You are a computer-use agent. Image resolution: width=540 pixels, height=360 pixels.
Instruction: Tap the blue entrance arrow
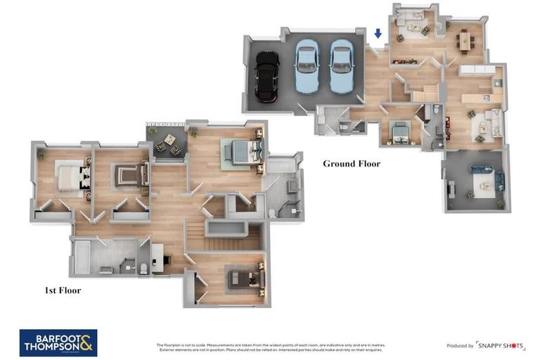pyautogui.click(x=378, y=34)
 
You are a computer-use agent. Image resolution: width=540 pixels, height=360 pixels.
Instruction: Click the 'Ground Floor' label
pyautogui.click(x=351, y=164)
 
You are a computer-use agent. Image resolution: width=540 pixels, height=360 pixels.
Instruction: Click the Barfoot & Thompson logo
pyautogui.click(x=58, y=342)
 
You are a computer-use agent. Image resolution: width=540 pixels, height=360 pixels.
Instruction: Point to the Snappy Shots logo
pyautogui.click(x=501, y=345)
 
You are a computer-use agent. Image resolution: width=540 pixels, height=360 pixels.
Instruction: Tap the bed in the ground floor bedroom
pyautogui.click(x=399, y=132)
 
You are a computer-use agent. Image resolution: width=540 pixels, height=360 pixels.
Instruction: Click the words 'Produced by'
pyautogui.click(x=460, y=346)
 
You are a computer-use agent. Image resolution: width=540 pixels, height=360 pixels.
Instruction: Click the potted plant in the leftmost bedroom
pyautogui.click(x=41, y=154)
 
